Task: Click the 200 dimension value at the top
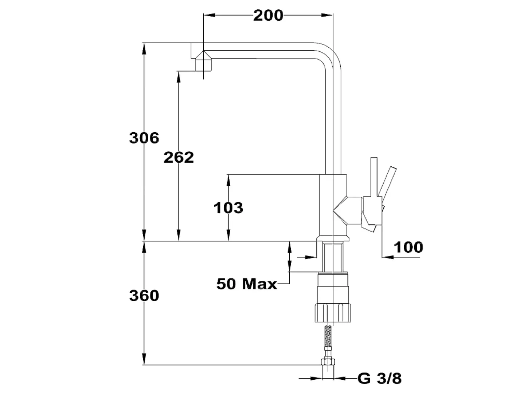tap(268, 16)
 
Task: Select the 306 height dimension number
tap(144, 138)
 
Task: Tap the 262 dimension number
tap(179, 157)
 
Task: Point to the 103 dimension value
tap(228, 208)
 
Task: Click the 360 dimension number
tap(144, 296)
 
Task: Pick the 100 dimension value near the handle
tap(408, 247)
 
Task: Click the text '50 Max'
tap(246, 284)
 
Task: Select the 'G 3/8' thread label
tap(379, 378)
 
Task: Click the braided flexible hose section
tap(328, 336)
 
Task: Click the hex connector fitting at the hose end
tap(328, 362)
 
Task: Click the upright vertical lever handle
tap(374, 177)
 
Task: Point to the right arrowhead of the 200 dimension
tap(327, 15)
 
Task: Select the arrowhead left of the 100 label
tap(388, 257)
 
